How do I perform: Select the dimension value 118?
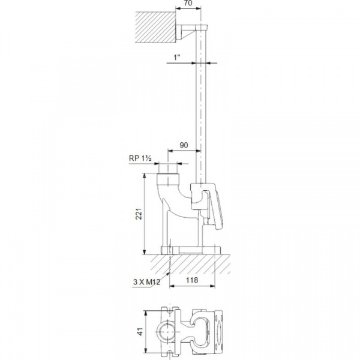click(x=191, y=280)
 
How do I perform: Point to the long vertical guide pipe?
click(x=202, y=108)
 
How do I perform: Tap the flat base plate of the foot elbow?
click(x=191, y=250)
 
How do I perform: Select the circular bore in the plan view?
click(x=165, y=331)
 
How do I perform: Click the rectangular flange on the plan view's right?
click(x=217, y=331)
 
